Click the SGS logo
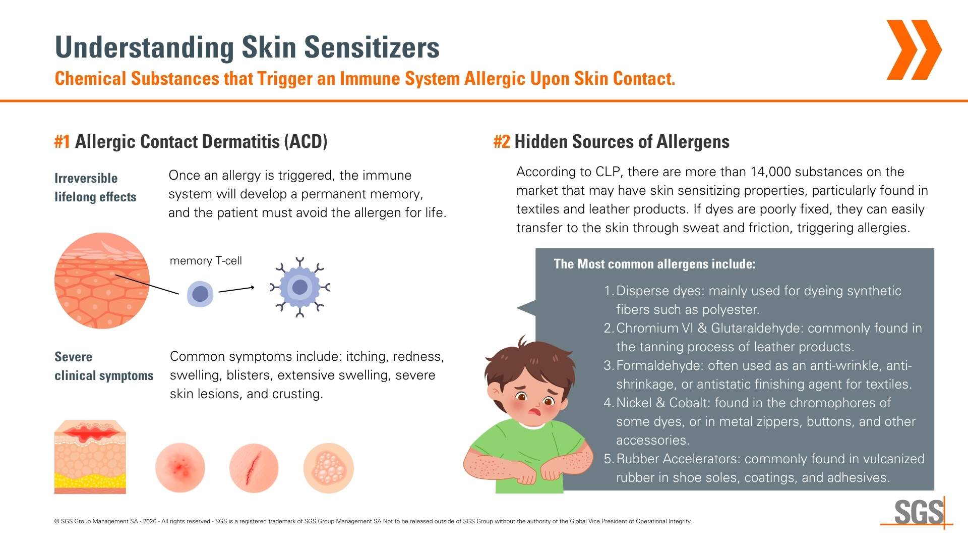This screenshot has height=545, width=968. [x=917, y=513]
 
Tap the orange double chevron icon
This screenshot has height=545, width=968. [x=914, y=50]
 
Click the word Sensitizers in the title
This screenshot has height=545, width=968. [x=372, y=47]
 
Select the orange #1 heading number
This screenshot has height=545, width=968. [x=63, y=142]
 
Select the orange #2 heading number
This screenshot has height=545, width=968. [x=502, y=142]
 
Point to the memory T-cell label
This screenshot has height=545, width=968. [x=206, y=261]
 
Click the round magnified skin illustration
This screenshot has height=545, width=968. [x=102, y=281]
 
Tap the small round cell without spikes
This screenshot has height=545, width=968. [x=200, y=294]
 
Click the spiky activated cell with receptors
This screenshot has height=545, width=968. [x=300, y=287]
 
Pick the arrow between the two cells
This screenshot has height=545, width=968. [x=236, y=290]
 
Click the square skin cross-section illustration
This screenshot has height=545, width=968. [x=90, y=457]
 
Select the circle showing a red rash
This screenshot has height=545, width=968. [x=180, y=468]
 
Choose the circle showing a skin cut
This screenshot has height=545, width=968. [x=254, y=468]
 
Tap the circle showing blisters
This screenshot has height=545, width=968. [x=328, y=468]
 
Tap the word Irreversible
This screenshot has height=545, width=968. [x=86, y=178]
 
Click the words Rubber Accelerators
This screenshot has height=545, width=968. [x=678, y=459]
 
